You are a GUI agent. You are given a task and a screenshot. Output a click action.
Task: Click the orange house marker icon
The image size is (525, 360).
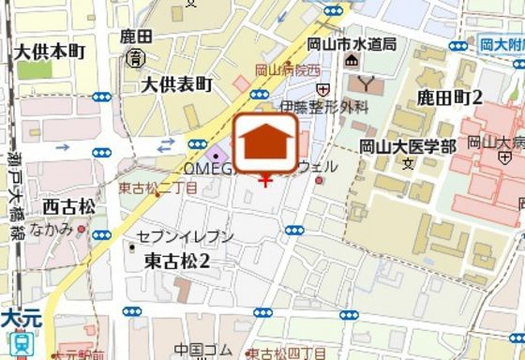pos(266,142)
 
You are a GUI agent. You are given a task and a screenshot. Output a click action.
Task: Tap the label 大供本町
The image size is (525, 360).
pos(51,50)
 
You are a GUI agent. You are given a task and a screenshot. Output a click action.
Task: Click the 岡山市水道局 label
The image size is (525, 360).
pos(352,44)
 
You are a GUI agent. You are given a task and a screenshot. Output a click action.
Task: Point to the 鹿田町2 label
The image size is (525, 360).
pos(449,97)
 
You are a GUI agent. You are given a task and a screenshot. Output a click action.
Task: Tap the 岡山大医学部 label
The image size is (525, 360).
pos(408,146)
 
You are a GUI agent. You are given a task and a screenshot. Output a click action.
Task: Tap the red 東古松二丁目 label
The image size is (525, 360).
pos(157,187)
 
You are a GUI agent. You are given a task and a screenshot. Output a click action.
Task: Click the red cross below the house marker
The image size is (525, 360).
pos(265,179)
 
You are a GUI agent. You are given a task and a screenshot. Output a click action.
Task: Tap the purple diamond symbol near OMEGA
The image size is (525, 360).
pos(217,155)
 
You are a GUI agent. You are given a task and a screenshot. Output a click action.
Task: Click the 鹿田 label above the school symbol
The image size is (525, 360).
pos(136,38)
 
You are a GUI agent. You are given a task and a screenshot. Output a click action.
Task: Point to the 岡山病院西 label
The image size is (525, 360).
pos(288,69)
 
